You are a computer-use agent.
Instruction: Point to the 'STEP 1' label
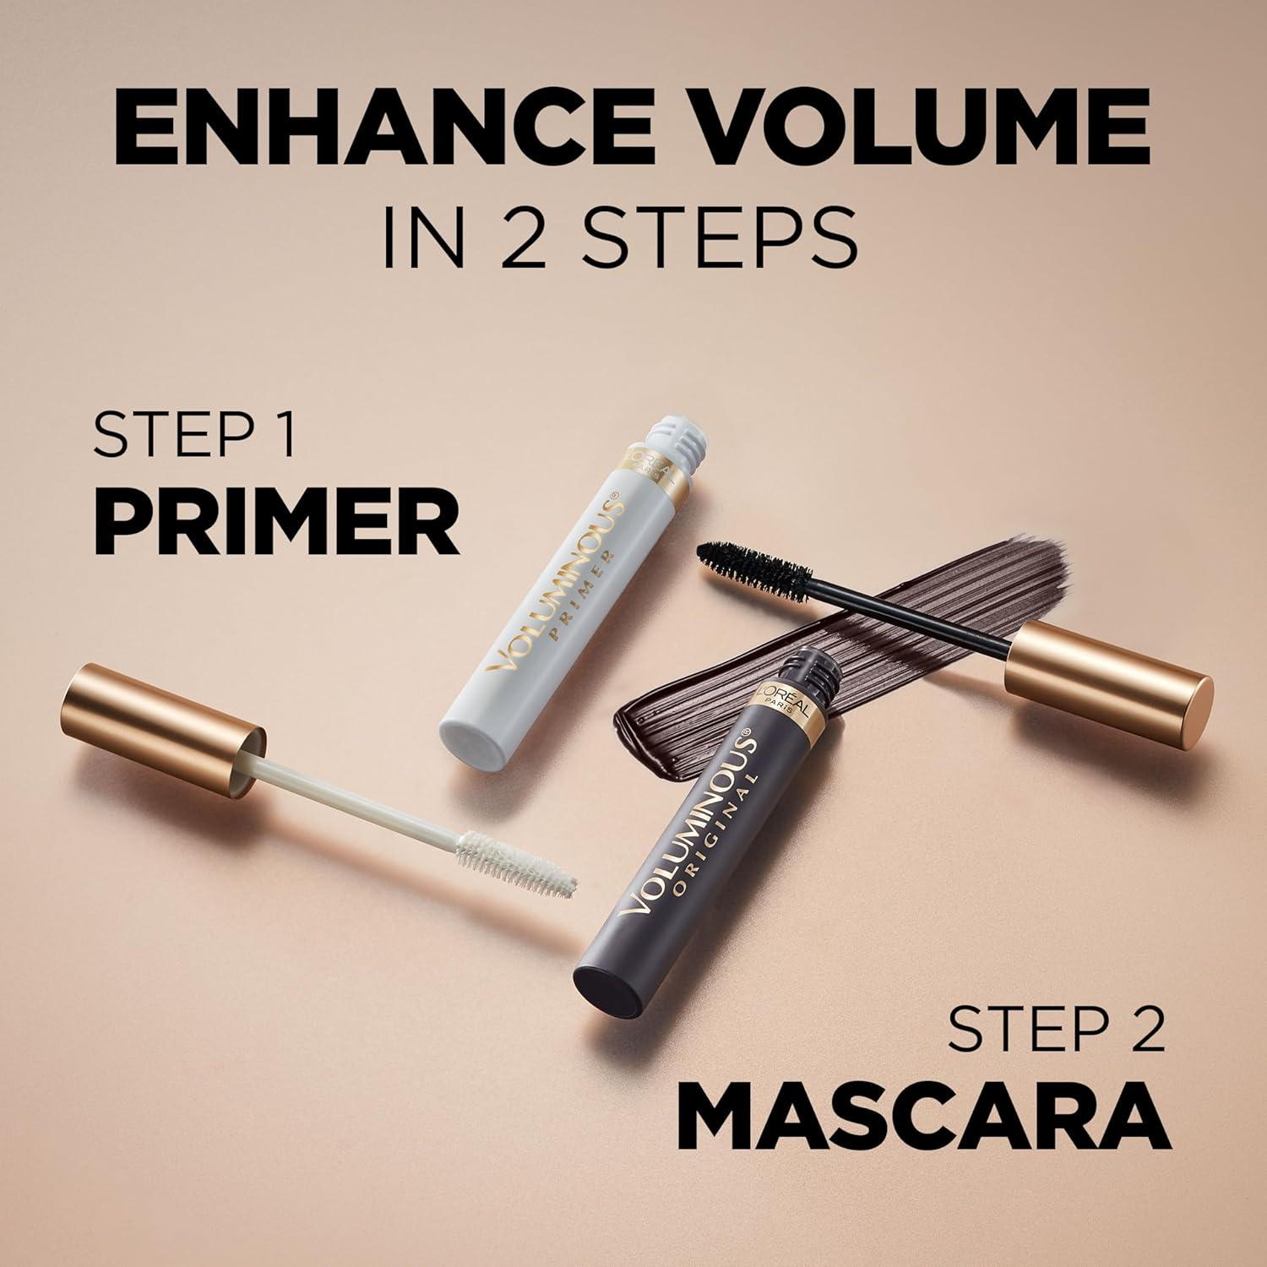pyautogui.click(x=194, y=435)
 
